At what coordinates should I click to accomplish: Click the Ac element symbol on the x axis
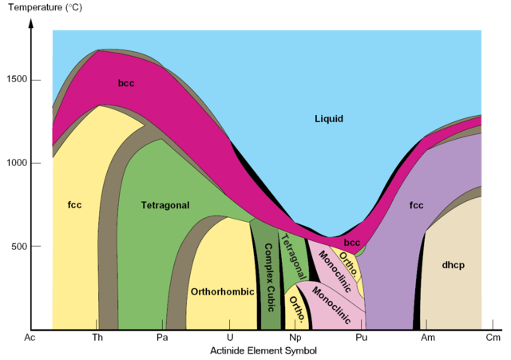tap(30, 338)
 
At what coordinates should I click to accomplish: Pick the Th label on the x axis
tap(97, 338)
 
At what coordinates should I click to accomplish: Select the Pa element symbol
tap(162, 338)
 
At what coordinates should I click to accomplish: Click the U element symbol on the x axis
tap(230, 338)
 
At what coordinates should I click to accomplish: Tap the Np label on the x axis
tap(294, 338)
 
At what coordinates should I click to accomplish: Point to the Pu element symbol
tap(362, 338)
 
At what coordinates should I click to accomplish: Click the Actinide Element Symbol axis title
tap(263, 350)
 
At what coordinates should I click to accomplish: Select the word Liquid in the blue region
tap(328, 119)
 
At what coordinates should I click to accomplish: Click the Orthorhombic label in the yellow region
tap(220, 291)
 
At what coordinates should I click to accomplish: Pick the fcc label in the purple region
tap(416, 205)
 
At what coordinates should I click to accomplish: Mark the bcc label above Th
tap(126, 82)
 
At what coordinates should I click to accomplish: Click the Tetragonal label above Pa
tap(165, 205)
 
